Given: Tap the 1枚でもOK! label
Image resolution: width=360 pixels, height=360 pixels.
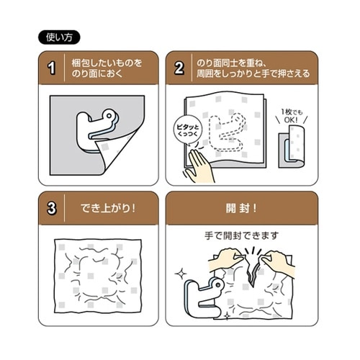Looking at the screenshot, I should (294, 116).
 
